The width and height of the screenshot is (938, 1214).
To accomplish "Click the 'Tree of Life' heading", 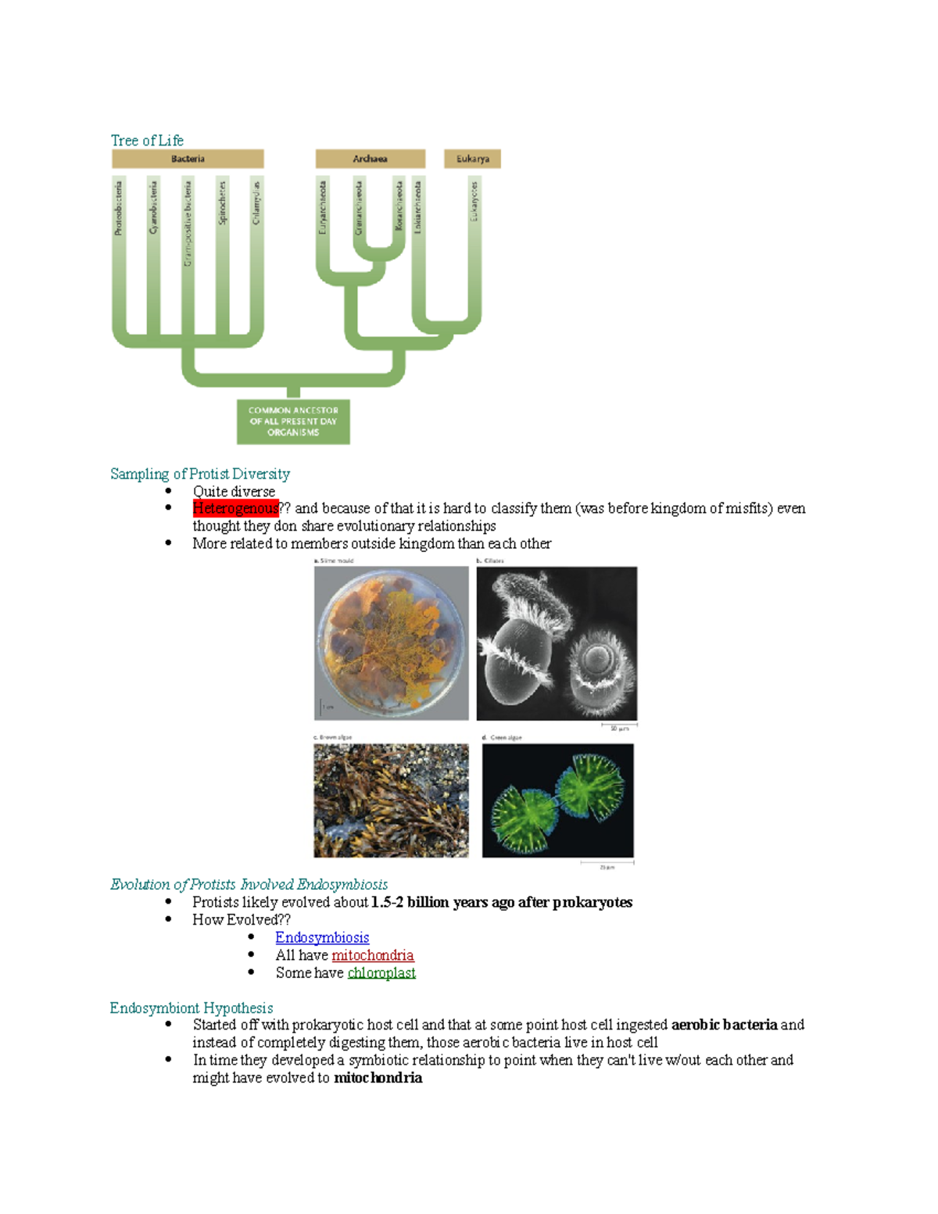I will tap(147, 141).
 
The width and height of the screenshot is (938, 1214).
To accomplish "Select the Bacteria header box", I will tap(188, 159).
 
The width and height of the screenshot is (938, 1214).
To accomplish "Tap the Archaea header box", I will tap(370, 159).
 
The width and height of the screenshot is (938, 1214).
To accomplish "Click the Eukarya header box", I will tap(472, 159).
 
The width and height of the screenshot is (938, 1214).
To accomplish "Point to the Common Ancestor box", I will tap(293, 421).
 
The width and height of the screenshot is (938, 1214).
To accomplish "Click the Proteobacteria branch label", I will tap(119, 208).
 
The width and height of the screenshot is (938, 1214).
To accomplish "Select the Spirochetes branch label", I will tap(222, 203).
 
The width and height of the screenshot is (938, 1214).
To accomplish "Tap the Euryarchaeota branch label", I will tap(322, 207).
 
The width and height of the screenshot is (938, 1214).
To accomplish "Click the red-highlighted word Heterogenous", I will tap(235, 509).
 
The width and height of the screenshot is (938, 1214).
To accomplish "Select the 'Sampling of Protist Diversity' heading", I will tap(200, 474).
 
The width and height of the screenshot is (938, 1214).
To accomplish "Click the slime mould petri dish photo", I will tap(391, 643).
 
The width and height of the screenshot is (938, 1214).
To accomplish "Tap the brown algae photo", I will tap(391, 800).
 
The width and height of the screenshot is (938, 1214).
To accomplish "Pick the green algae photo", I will tap(557, 800).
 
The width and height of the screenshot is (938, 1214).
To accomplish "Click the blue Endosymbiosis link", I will tap(322, 937).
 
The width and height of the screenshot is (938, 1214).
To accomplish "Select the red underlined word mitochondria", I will tap(372, 955).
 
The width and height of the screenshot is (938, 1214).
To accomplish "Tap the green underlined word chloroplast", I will tap(381, 972).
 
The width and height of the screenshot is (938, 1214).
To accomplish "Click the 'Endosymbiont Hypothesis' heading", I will tap(192, 1008).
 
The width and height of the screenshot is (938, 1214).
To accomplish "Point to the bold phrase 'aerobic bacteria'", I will tap(724, 1025).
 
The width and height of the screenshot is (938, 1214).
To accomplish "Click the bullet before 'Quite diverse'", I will tap(168, 491).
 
